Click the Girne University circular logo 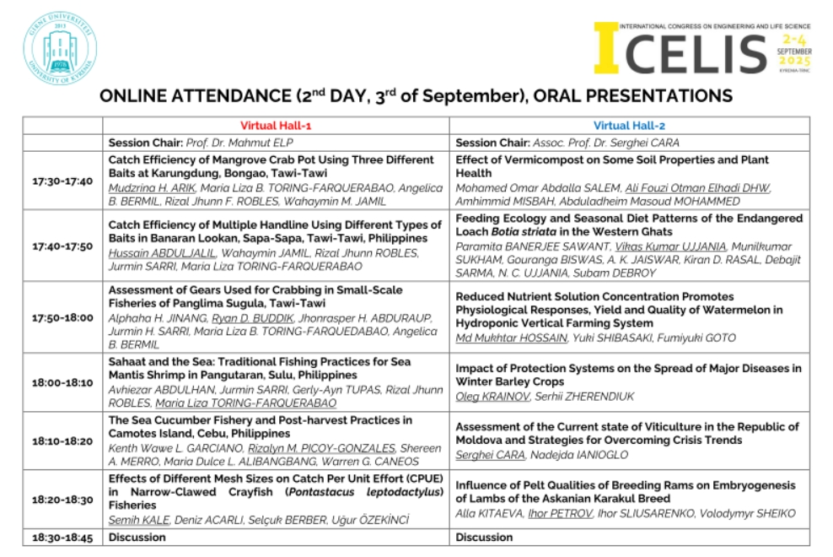click(x=60, y=47)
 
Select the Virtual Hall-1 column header click(x=276, y=126)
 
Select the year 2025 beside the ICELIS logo click(x=794, y=62)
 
